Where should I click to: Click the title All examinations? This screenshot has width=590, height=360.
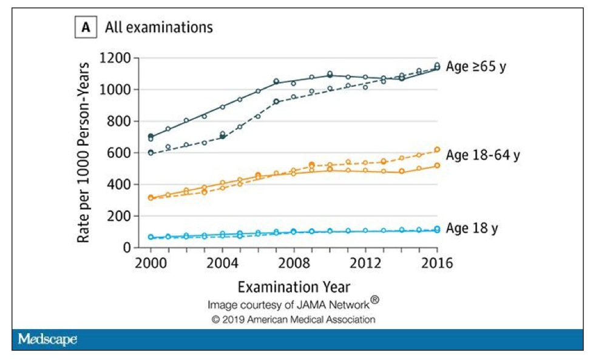pos(158,28)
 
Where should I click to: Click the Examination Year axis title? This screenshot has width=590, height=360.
pos(293,286)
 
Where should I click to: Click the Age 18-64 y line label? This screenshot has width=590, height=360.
pos(483,155)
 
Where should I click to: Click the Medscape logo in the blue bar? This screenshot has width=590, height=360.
pos(47,339)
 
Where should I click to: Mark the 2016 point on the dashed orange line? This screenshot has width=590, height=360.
pos(436,150)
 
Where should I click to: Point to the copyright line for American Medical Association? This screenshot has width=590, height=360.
pos(293,319)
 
